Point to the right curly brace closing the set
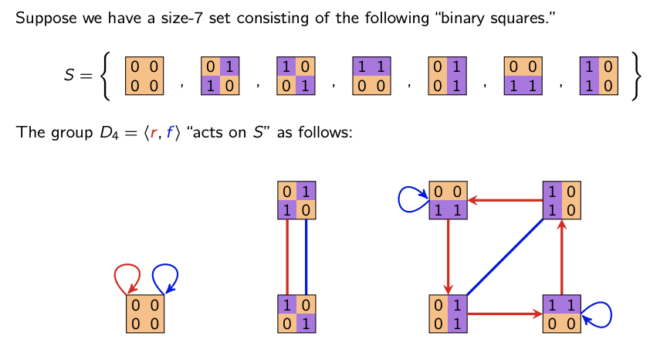[x=635, y=76]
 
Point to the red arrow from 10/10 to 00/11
[x=505, y=200]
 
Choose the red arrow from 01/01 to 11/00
[x=505, y=314]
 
